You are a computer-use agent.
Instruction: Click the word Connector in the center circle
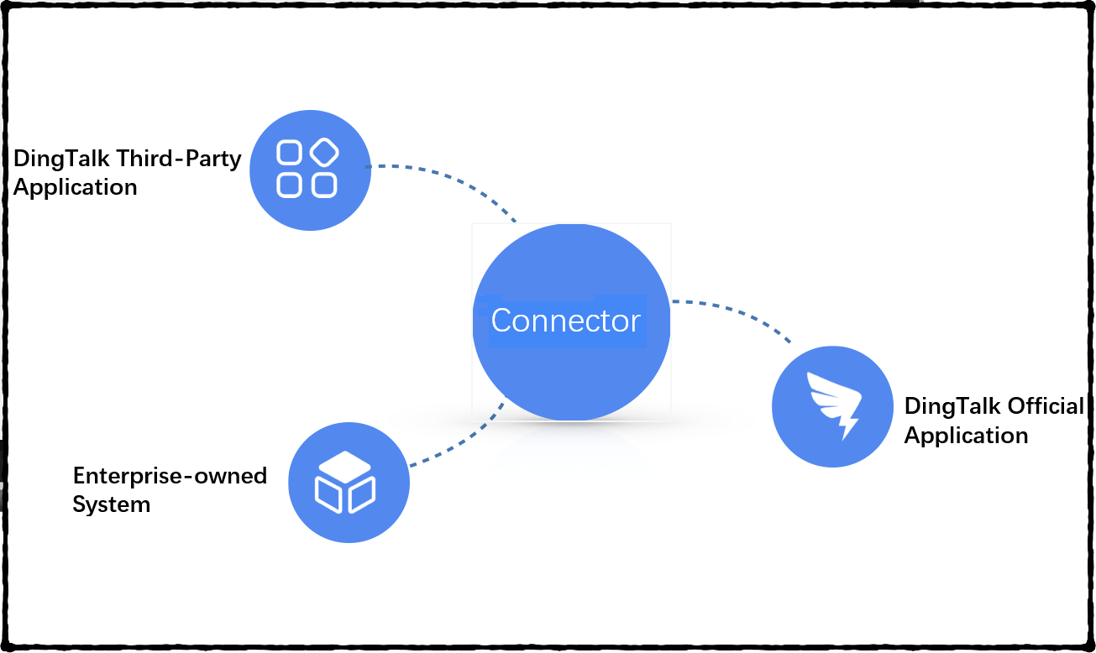coord(566,321)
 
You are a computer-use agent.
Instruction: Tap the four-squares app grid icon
coord(307,169)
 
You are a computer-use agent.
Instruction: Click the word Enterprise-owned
coord(170,477)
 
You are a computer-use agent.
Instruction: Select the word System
coord(111,504)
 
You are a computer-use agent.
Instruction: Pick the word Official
coord(1046,406)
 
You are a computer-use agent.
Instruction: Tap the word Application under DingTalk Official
coord(966,436)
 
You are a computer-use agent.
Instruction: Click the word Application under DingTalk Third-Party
coord(76,187)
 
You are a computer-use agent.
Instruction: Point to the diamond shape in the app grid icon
coord(324,152)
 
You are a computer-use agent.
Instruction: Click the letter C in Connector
coord(501,321)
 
